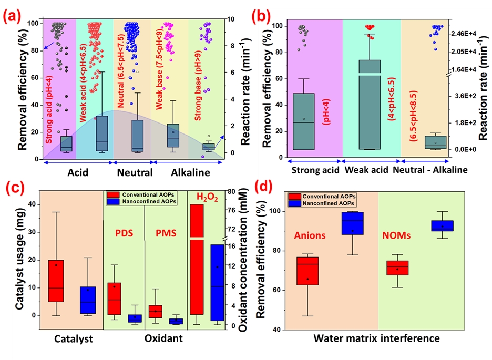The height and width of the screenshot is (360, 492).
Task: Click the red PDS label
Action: tap(124, 231)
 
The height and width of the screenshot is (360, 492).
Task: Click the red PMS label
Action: tap(166, 231)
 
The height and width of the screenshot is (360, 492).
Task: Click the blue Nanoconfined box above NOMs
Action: tap(443, 225)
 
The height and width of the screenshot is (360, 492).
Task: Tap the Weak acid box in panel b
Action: tap(370, 105)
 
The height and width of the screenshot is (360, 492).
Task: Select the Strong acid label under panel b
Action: tap(314, 171)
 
